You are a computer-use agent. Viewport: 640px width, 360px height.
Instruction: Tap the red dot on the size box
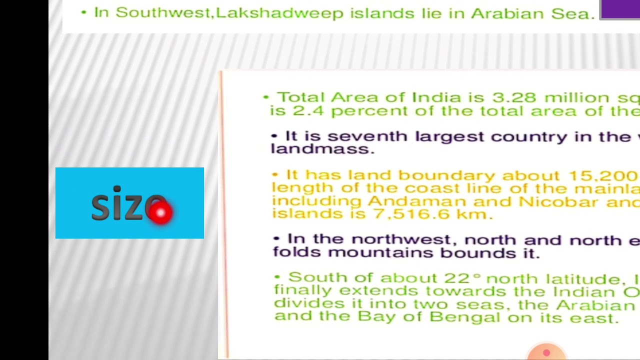tap(160, 213)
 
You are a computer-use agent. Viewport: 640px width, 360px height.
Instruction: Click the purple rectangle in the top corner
tap(620, 9)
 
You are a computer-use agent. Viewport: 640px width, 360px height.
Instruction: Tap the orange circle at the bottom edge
tap(546, 352)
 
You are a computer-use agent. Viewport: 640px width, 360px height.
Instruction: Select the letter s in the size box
tap(100, 207)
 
